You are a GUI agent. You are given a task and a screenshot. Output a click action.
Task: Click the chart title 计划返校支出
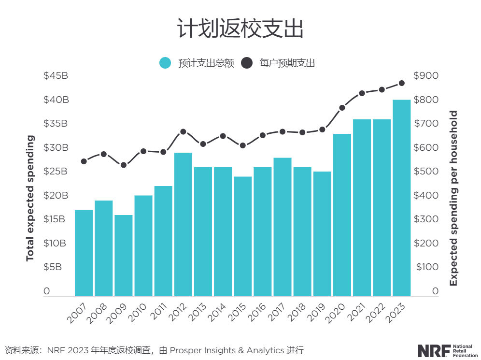pos(240,29)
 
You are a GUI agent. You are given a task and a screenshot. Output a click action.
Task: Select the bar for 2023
pos(401,198)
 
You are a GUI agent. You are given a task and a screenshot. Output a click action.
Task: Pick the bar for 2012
pos(183,224)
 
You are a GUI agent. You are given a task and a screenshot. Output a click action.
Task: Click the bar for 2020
pos(342,215)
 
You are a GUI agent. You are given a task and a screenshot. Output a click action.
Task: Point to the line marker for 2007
pos(84,161)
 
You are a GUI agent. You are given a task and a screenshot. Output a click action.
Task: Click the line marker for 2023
pos(401,83)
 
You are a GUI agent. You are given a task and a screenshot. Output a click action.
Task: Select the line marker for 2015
pos(243,145)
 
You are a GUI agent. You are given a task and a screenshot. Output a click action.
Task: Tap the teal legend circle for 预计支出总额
pos(165,63)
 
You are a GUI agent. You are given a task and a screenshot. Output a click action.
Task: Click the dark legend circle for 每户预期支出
pos(247,63)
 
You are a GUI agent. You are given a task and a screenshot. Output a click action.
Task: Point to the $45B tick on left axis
pos(56,76)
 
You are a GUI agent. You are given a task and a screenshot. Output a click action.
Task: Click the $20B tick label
pos(56,196)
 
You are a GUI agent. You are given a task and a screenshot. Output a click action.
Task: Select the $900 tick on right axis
pos(426,76)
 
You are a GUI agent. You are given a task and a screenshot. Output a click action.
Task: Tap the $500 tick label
pos(426,172)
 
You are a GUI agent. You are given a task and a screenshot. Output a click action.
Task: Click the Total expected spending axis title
pos(30,198)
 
